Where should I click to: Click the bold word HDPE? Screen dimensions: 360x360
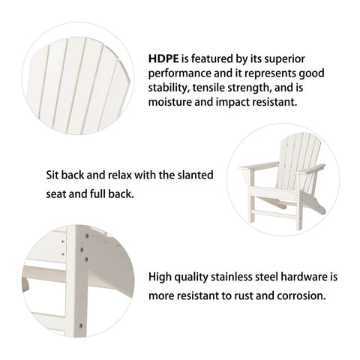point(163,58)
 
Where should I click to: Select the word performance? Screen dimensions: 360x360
point(179,74)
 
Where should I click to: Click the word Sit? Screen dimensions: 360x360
point(52,175)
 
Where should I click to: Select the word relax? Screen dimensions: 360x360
point(120,175)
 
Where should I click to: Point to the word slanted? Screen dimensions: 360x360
point(195,175)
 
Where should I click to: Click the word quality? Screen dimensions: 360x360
point(191,277)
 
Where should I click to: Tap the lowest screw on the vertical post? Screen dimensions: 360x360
point(80,325)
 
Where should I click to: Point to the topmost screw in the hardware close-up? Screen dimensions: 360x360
point(87,235)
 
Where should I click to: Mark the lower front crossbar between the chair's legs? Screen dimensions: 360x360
point(274,214)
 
